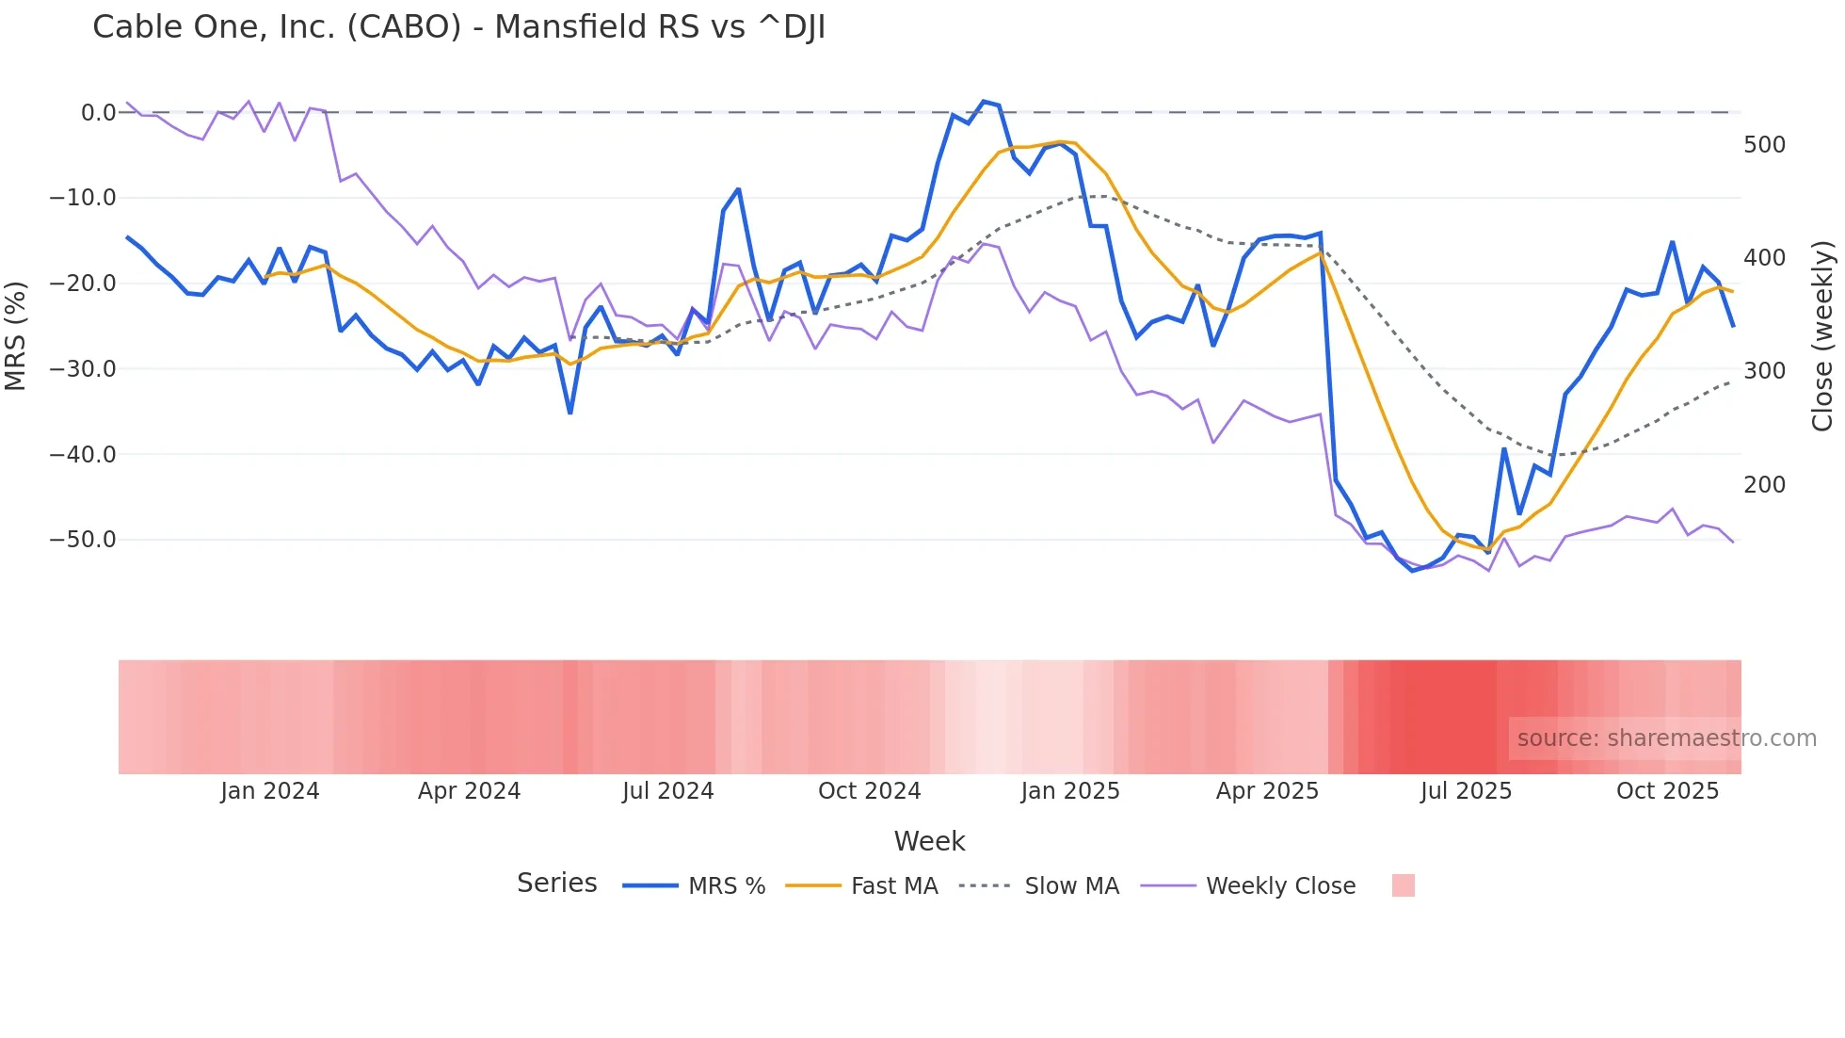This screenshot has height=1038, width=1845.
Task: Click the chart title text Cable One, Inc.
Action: coord(458,27)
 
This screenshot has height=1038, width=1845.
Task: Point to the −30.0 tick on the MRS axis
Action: coord(83,369)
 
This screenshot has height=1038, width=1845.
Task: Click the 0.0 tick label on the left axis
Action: coord(98,113)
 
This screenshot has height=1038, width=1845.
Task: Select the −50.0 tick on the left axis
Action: coord(83,540)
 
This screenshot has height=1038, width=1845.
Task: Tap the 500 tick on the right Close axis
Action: coord(1764,145)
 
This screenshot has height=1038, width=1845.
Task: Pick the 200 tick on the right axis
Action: coord(1764,485)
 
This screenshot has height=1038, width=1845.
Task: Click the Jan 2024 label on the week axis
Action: coord(270,791)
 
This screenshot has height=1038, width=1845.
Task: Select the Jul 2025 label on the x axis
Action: coord(1466,791)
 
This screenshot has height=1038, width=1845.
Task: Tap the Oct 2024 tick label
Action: coord(869,791)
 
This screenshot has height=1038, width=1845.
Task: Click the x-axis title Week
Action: coord(929,841)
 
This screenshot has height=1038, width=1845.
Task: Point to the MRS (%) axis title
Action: coord(16,336)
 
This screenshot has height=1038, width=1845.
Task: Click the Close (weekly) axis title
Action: coord(1822,336)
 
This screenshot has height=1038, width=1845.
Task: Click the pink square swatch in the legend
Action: coord(1403,885)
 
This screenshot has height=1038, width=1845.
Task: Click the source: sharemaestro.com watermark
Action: coord(1666,738)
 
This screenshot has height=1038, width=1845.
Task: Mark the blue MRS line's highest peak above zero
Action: coord(984,102)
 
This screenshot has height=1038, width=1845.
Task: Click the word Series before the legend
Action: coord(556,884)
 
